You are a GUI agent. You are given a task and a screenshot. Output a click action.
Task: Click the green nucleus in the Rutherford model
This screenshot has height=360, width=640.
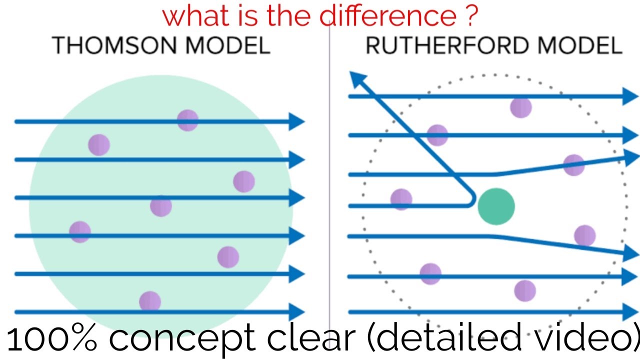tap(496, 206)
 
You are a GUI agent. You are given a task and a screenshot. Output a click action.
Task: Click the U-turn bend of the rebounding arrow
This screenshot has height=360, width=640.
tap(471, 200)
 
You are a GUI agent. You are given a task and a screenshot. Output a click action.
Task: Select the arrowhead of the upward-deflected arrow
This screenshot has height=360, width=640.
tap(631, 157)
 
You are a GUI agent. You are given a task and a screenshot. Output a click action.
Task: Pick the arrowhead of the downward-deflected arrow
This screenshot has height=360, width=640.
tap(631, 253)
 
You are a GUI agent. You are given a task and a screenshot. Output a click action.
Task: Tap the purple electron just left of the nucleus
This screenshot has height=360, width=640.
tap(401, 199)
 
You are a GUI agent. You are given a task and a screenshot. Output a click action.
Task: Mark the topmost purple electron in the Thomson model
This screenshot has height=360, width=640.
tap(187, 120)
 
